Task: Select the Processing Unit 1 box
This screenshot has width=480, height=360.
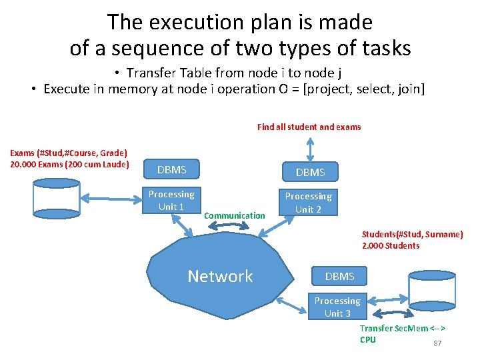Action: click(x=171, y=200)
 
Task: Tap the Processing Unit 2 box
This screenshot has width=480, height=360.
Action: click(x=308, y=202)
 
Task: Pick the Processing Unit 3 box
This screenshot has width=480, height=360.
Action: click(x=337, y=307)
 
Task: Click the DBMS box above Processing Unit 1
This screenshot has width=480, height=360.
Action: click(x=171, y=170)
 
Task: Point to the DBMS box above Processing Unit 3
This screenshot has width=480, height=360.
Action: click(x=339, y=276)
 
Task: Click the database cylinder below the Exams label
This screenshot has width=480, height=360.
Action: click(x=57, y=198)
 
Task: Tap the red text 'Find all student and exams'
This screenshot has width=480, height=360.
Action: click(x=309, y=127)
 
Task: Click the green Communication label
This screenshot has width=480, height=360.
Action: click(x=234, y=215)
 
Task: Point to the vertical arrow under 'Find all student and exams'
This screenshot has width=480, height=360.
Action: click(x=309, y=147)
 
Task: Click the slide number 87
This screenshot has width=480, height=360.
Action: click(x=438, y=343)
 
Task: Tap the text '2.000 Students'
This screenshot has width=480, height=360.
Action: click(x=391, y=245)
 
